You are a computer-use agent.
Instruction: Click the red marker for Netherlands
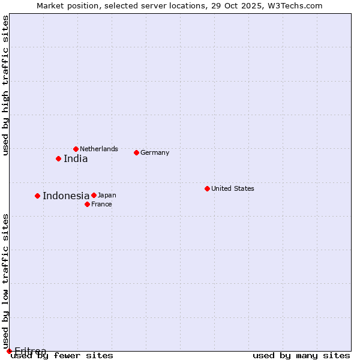coord(76,149)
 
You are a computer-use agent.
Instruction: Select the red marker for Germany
coord(136,152)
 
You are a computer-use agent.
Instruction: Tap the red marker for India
coord(58,158)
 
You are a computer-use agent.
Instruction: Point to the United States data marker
coord(207,188)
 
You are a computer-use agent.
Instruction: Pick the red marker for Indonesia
coord(37,196)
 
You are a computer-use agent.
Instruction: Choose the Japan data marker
coord(94,195)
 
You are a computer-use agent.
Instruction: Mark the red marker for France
coord(87,204)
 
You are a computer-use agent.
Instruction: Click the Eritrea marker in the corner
coord(9,351)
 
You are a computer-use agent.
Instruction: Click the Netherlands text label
coord(99,149)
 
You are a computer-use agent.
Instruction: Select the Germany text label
coord(155,152)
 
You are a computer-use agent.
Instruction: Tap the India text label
coord(76,159)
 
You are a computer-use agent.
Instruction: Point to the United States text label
coord(233,188)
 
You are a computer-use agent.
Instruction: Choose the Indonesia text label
coord(66,196)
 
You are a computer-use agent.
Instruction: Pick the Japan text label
coord(107,195)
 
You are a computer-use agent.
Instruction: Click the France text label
coord(101,204)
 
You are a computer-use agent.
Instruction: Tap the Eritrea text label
coord(30,351)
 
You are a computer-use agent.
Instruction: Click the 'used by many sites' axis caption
coord(301,355)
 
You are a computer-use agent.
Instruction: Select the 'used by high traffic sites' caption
coord(5,85)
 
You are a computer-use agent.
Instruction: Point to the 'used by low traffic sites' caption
coord(5,281)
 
